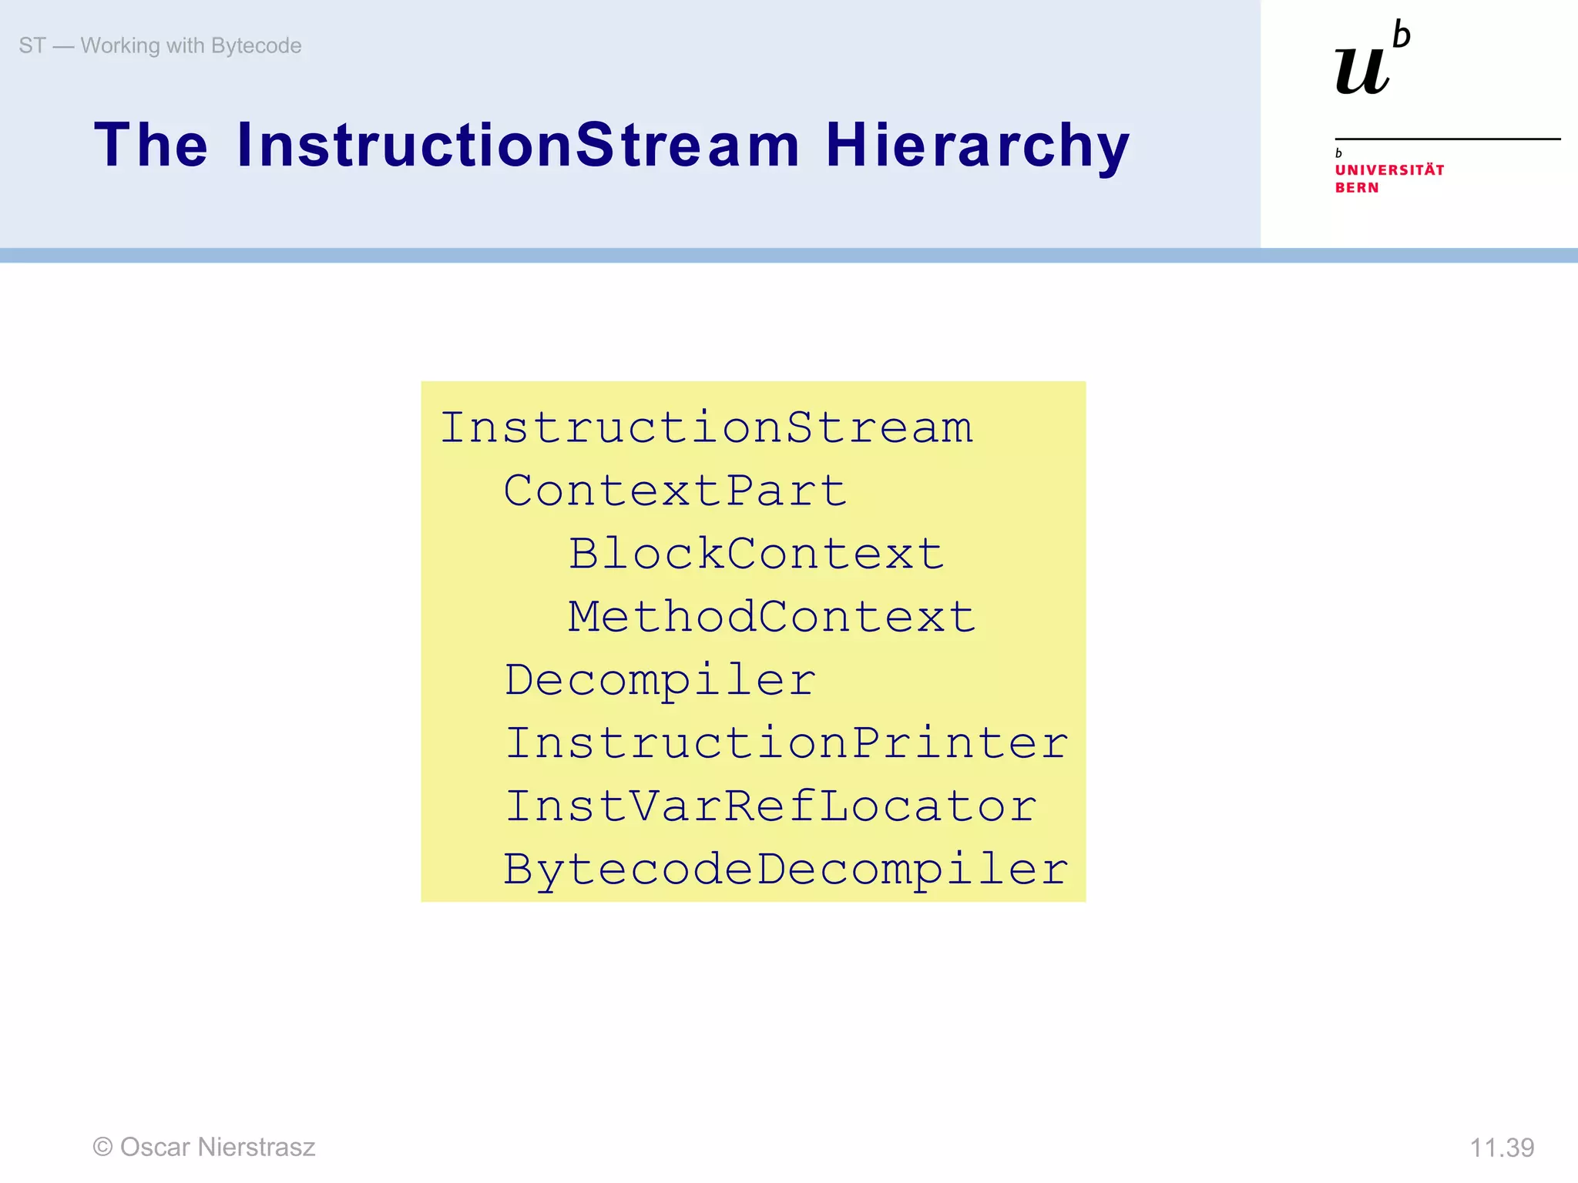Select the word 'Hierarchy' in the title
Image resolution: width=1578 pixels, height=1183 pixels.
[x=977, y=146]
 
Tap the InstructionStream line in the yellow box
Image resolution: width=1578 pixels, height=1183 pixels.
[x=706, y=427]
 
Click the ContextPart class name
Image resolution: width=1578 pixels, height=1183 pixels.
[x=675, y=491]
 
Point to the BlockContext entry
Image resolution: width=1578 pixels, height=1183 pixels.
[x=756, y=554]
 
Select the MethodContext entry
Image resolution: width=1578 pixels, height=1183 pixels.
[x=771, y=617]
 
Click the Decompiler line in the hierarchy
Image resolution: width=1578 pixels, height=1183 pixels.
[x=660, y=680]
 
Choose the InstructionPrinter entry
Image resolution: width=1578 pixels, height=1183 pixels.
[x=786, y=743]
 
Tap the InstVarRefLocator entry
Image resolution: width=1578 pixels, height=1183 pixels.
[x=771, y=806]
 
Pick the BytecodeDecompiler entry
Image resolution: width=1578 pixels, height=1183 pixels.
[x=786, y=870]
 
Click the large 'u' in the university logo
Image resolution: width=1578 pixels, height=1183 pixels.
[x=1362, y=71]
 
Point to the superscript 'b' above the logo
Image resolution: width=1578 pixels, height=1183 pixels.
[x=1402, y=35]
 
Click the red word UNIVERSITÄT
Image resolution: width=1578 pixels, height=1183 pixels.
[x=1389, y=170]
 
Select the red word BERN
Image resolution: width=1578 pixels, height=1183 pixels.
[x=1357, y=188]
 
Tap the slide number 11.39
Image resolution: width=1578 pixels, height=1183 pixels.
[x=1502, y=1148]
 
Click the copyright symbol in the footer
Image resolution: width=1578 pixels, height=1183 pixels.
[x=102, y=1147]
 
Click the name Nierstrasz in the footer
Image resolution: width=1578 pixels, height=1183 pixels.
[x=256, y=1147]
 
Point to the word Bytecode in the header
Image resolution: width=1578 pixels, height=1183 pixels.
[x=256, y=45]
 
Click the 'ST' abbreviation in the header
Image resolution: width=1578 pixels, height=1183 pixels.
[x=32, y=45]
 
